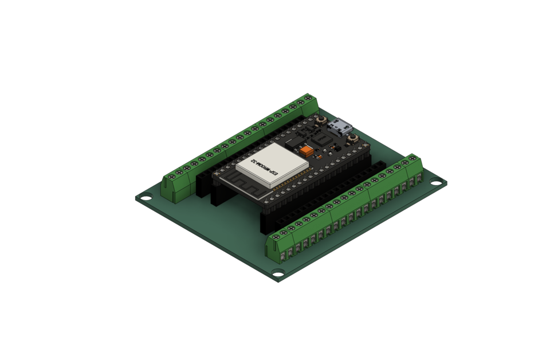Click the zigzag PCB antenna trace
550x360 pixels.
[241, 184]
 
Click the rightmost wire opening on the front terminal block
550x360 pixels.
[420, 181]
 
